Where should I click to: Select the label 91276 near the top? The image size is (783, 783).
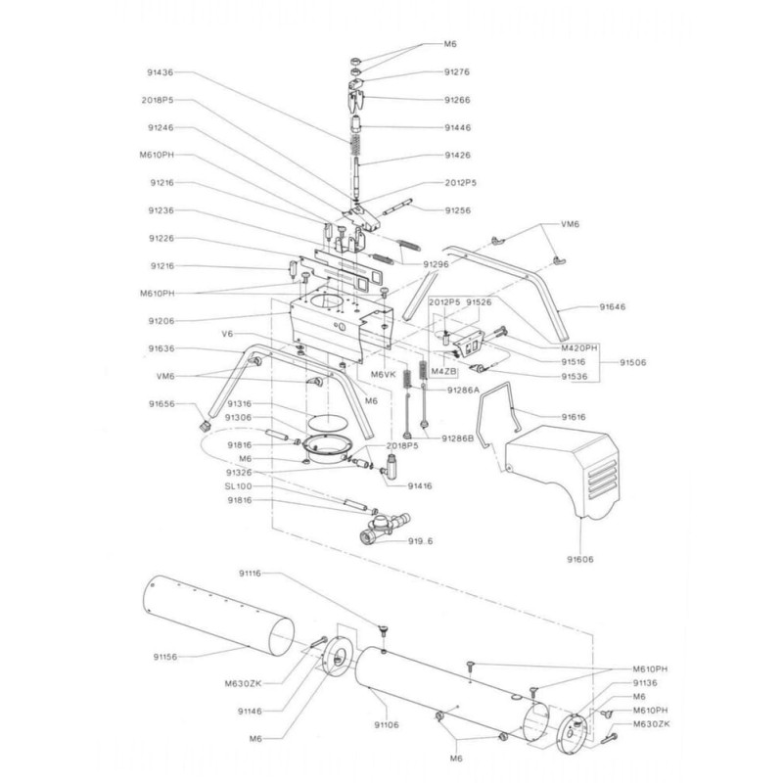[x=457, y=71]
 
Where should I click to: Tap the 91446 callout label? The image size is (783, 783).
[x=457, y=127]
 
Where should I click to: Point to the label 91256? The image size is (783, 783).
[x=457, y=209]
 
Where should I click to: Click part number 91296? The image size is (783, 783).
[x=436, y=264]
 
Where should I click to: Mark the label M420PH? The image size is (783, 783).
[x=579, y=346]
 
